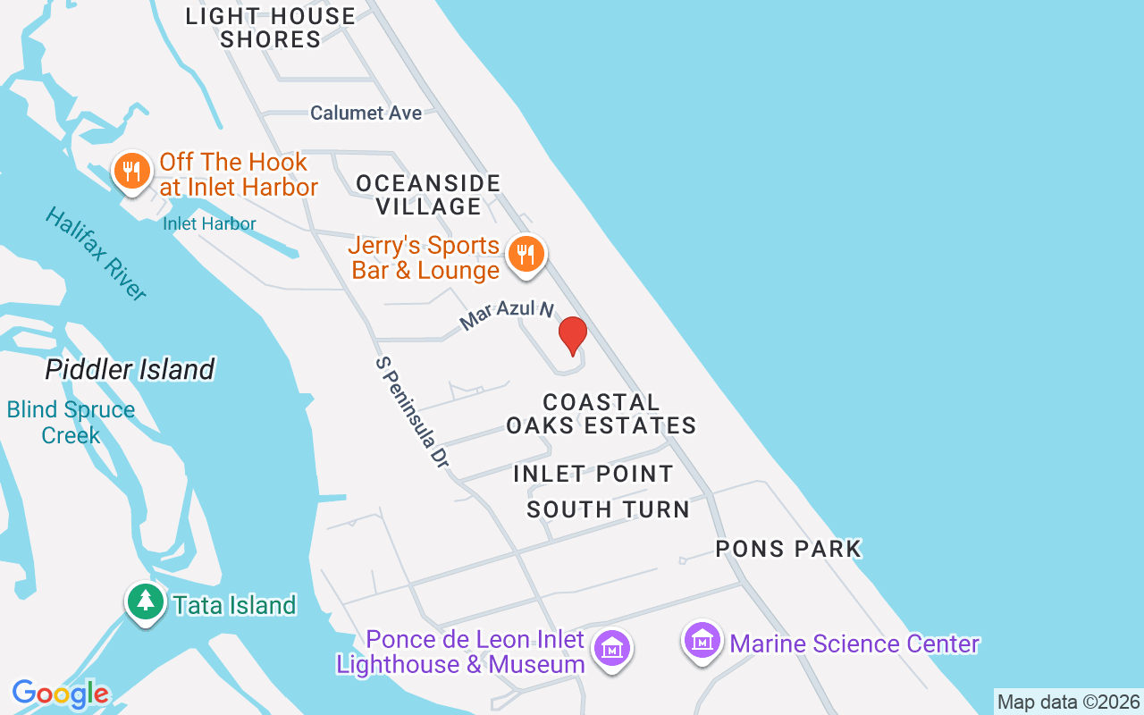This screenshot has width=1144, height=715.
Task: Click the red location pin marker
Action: pos(572,336)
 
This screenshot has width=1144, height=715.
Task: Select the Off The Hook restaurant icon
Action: pos(132,171)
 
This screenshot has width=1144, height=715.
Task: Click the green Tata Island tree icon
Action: pos(144,601)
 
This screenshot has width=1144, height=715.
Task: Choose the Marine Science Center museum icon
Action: pos(702,641)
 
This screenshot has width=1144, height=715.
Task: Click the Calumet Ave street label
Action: pos(366,114)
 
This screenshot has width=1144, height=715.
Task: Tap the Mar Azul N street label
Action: pos(507,315)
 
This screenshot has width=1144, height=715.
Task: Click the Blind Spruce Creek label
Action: pos(71,423)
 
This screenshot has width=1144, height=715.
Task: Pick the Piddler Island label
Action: pos(130,369)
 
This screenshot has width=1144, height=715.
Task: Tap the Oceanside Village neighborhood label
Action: pos(428,195)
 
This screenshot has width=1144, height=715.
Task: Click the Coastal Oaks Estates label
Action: pos(601,414)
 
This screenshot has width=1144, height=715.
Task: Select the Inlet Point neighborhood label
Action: pos(593,474)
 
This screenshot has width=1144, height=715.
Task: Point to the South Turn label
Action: pos(608,509)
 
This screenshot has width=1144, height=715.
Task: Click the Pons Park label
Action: pos(788,549)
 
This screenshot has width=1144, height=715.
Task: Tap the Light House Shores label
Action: pos(270,28)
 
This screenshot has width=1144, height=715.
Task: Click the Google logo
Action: pos(60,694)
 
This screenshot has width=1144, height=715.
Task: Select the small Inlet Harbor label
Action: pos(209,223)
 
